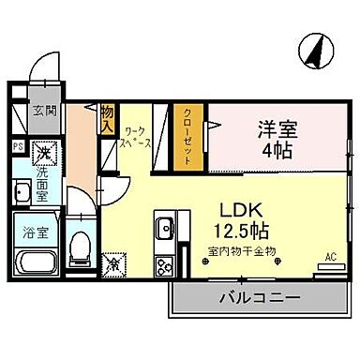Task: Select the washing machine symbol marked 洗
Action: pyautogui.click(x=42, y=150)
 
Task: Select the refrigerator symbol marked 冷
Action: pyautogui.click(x=114, y=265)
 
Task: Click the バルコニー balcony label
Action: pyautogui.click(x=260, y=299)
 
